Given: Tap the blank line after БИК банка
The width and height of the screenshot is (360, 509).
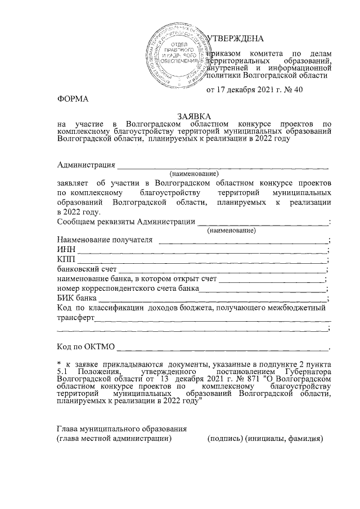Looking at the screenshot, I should click(213, 298).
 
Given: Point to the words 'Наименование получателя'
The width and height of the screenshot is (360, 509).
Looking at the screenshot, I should click(105, 240).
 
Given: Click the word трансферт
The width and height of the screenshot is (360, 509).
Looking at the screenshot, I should click(76, 317).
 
